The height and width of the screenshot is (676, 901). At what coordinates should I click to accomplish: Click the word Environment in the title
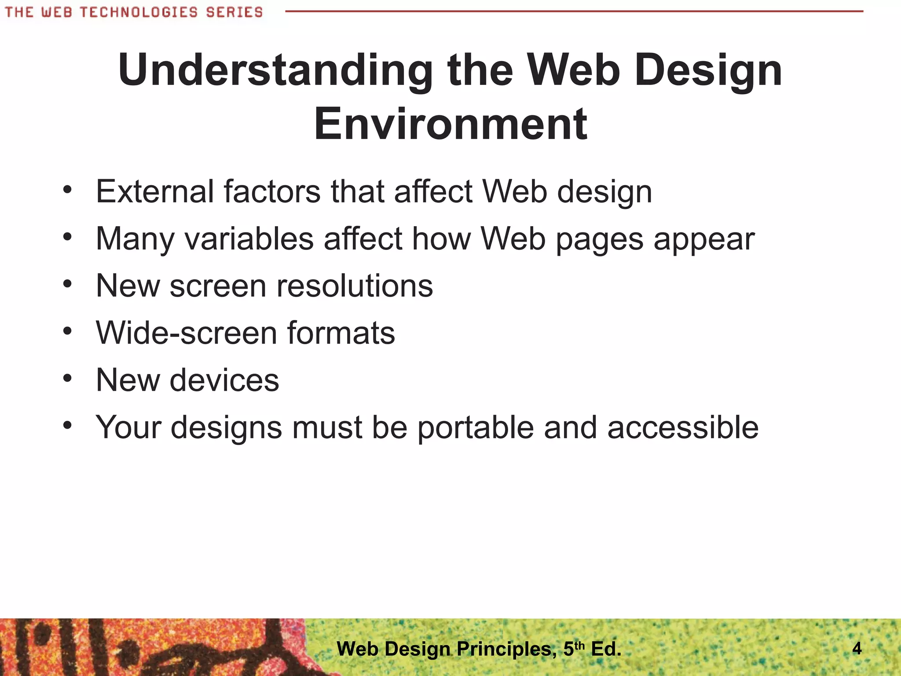point(450,124)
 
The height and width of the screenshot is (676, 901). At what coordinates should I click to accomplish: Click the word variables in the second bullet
point(249,239)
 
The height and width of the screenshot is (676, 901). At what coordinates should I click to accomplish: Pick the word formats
point(341,333)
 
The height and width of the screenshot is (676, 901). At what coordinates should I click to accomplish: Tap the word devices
point(224,380)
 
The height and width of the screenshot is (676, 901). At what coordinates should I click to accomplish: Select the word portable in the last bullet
point(475,427)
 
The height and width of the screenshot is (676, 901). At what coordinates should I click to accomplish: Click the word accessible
point(683,427)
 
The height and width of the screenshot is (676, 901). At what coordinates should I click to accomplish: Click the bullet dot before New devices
point(67,378)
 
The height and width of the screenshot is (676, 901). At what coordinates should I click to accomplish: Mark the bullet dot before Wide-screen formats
point(67,331)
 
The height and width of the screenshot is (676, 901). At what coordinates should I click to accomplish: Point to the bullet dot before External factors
point(67,190)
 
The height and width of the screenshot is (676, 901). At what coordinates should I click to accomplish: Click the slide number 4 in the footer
point(857,648)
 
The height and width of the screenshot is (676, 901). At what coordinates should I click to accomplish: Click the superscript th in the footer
point(580,645)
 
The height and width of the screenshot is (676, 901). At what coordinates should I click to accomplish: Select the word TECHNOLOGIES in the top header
point(139,12)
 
